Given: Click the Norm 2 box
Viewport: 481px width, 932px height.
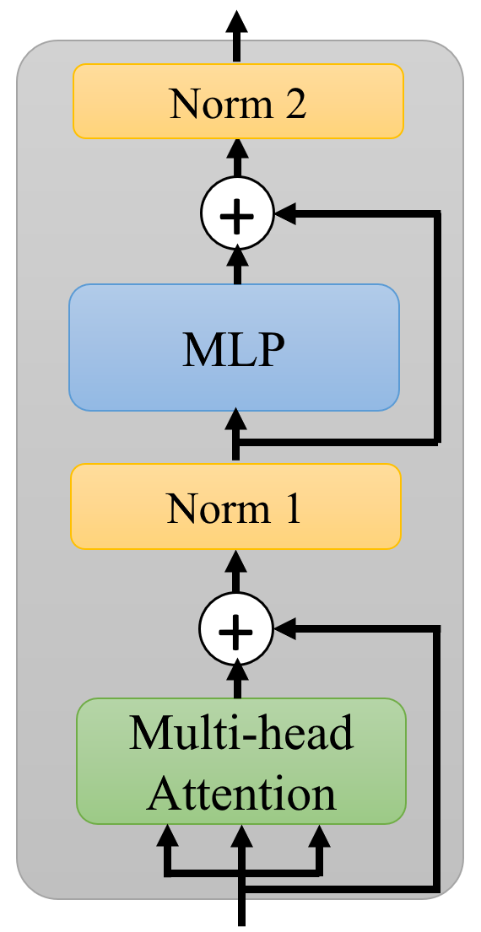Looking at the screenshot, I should click(x=238, y=101).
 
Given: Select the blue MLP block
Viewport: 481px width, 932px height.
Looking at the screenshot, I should click(x=234, y=347).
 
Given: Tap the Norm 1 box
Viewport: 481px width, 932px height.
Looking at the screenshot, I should click(x=235, y=507).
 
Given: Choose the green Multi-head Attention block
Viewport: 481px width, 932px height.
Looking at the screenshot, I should click(x=241, y=760).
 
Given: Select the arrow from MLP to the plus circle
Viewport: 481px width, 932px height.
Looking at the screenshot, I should click(x=237, y=264).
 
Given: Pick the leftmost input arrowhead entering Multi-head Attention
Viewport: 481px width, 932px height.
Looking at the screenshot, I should click(x=167, y=837).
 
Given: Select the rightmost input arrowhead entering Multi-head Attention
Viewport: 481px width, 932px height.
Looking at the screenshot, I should click(x=318, y=837).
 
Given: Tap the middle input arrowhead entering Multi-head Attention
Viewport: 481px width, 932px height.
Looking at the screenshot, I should click(x=243, y=837).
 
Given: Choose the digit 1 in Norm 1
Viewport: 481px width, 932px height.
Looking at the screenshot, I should click(x=290, y=509).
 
